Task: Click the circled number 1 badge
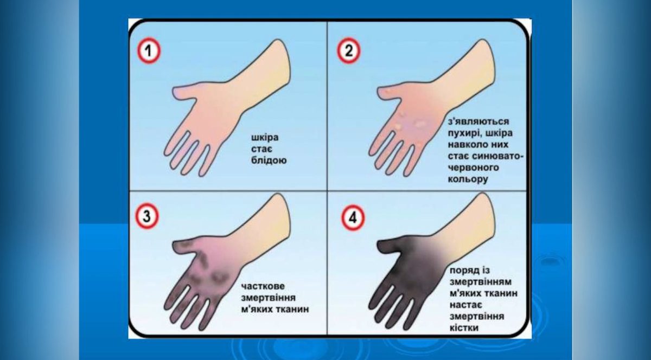[149, 50]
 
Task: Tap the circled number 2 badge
[348, 50]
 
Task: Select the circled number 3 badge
[147, 216]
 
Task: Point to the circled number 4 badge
[353, 218]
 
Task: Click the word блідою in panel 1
[269, 160]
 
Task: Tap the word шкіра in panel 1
[265, 137]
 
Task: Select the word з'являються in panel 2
[478, 121]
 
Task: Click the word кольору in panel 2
[468, 179]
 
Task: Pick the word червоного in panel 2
[474, 168]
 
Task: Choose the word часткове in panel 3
[263, 286]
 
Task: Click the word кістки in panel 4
[464, 328]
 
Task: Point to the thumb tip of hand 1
[174, 92]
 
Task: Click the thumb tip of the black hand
[379, 246]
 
